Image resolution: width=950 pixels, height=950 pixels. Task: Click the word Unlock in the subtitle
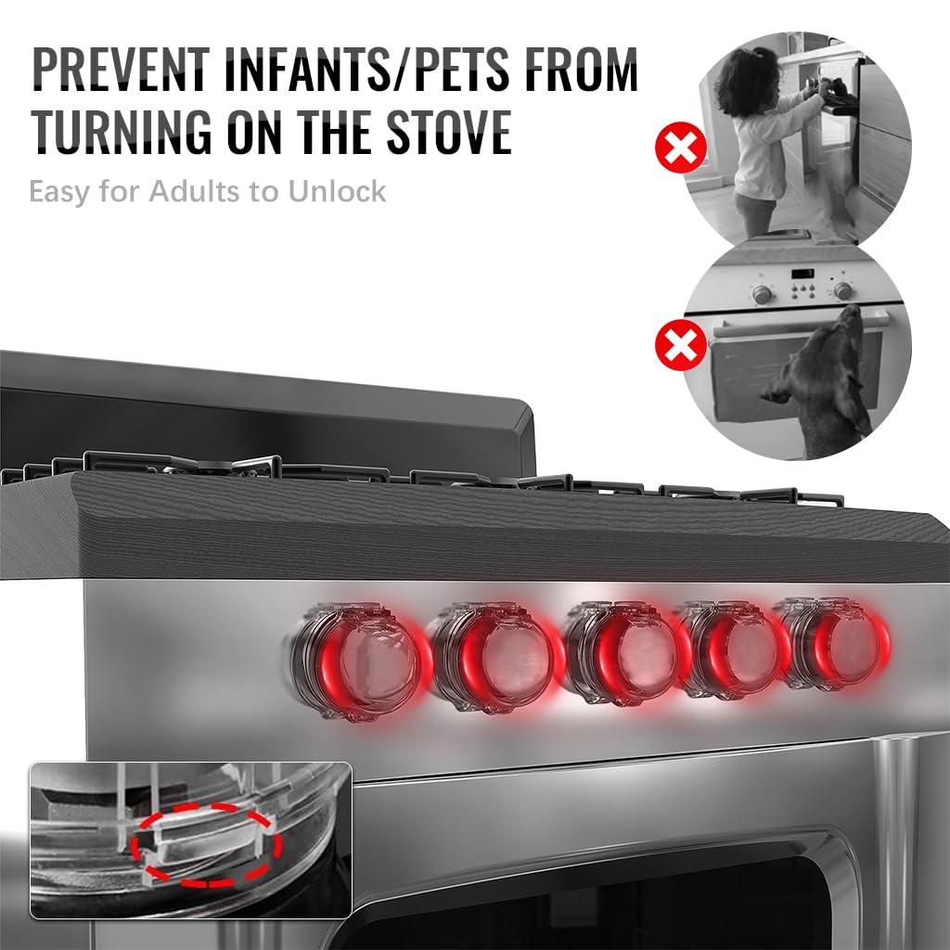tap(337, 192)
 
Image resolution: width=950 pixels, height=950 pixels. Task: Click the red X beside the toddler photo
tap(680, 148)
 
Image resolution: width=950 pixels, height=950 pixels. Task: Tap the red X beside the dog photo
tap(680, 347)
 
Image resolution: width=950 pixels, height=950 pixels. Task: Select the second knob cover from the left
tap(496, 657)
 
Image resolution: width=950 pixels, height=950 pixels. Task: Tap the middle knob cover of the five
tap(626, 653)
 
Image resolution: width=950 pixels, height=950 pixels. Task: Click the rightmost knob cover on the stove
tap(835, 642)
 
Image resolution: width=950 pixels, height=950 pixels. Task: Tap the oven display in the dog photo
tap(800, 276)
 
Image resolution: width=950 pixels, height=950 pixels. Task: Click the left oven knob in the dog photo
tap(763, 294)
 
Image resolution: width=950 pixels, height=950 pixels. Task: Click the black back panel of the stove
tap(260, 408)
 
